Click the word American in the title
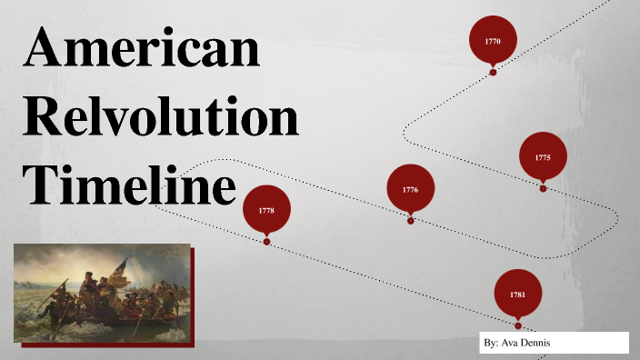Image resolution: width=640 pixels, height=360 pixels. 141,50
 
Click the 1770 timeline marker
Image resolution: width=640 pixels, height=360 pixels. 493,41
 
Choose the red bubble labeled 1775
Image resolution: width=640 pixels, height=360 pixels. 543,156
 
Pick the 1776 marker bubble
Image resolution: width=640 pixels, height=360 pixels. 410,188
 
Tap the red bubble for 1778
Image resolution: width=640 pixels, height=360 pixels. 266,209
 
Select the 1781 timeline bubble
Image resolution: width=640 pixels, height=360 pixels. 517,293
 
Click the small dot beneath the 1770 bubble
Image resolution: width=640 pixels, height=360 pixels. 493,72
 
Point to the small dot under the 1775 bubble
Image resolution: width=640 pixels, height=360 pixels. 543,188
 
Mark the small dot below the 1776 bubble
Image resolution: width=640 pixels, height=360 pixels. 411,220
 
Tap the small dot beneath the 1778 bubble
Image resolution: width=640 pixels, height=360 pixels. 266,242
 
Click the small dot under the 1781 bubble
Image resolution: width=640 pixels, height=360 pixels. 517,325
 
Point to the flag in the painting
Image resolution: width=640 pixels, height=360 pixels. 119,265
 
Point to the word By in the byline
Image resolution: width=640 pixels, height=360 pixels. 491,344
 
